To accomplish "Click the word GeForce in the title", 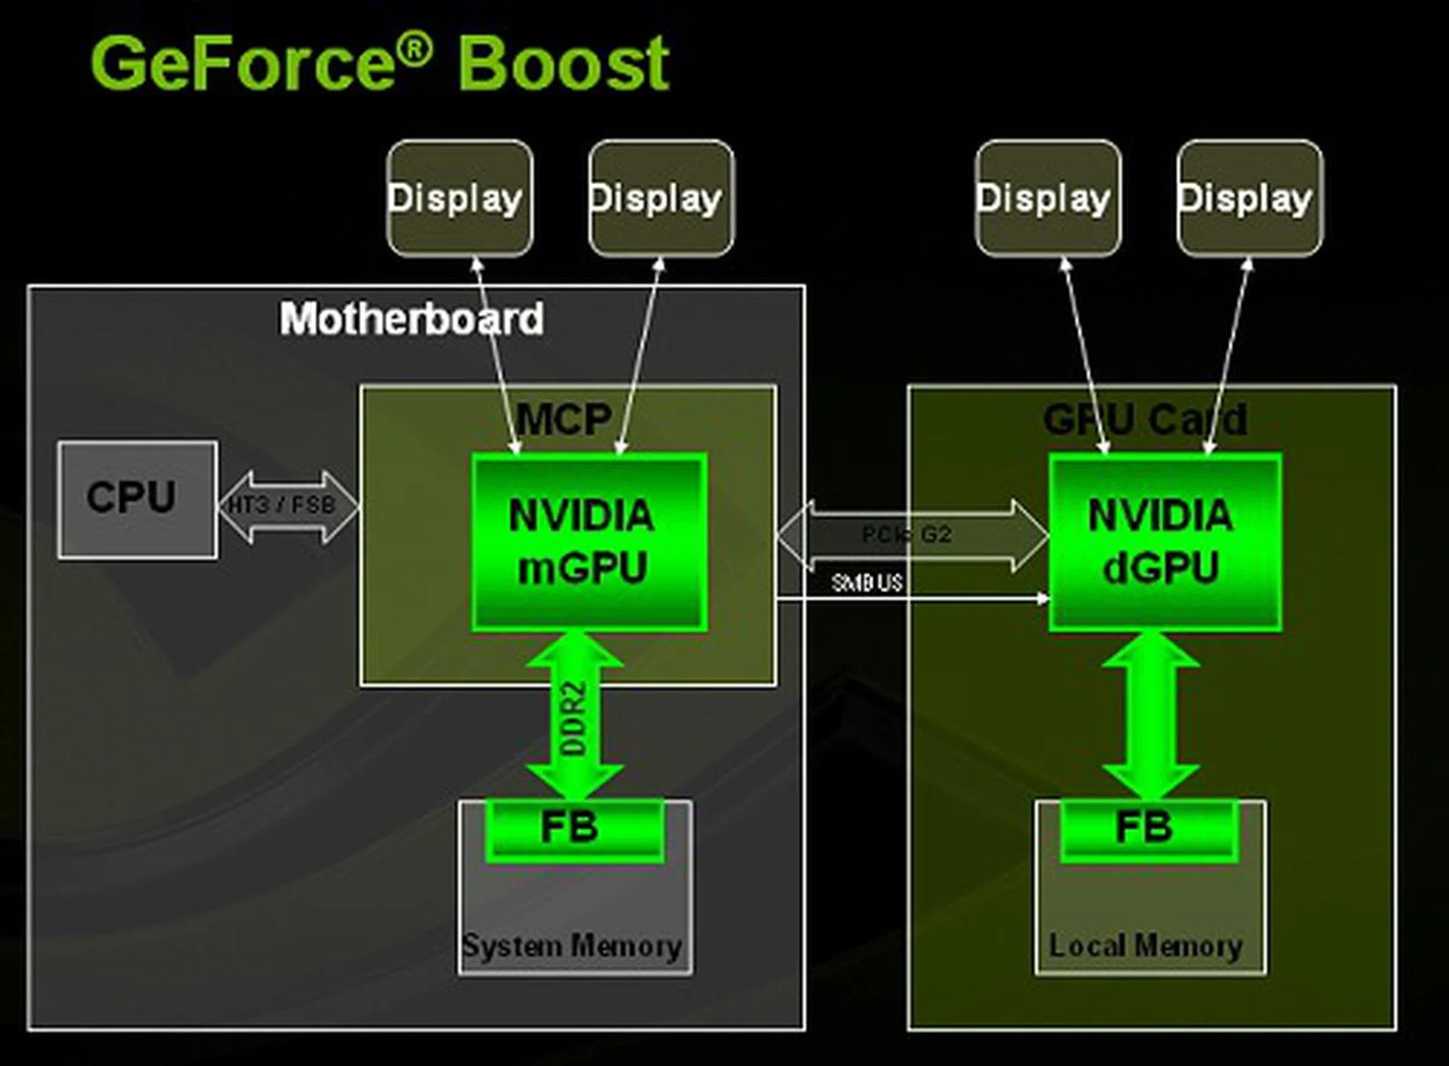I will click(x=241, y=63).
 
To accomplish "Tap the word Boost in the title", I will click(x=563, y=63).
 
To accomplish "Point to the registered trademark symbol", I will click(x=414, y=48).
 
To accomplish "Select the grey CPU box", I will click(x=137, y=499).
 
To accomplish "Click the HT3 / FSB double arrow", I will click(x=288, y=506).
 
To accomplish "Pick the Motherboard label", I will click(x=411, y=318).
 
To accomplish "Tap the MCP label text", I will click(x=564, y=419).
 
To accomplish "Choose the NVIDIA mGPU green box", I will click(x=589, y=541).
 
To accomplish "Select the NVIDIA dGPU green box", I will click(x=1164, y=541).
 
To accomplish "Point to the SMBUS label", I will click(x=866, y=582).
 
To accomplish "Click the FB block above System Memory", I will click(x=574, y=828).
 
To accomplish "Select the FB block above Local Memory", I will click(x=1147, y=828).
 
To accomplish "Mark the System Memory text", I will click(x=572, y=946).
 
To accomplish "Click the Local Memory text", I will click(x=1146, y=946).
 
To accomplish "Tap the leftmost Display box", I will click(x=460, y=198).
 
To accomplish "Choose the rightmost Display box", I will click(x=1250, y=198).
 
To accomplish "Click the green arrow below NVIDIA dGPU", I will click(x=1150, y=717).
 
